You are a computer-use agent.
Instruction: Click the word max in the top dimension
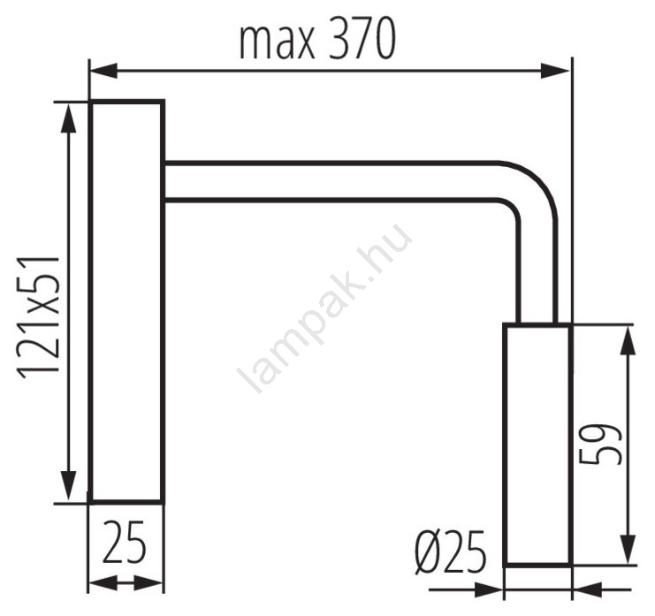[x=277, y=44]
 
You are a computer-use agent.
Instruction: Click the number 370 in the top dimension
[x=362, y=39]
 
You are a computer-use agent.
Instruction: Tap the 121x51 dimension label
[x=38, y=317]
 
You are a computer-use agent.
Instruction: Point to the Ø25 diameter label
[x=451, y=552]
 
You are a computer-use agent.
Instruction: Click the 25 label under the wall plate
[x=125, y=542]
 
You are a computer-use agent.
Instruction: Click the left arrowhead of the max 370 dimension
[x=103, y=71]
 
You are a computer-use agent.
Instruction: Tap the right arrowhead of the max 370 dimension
[x=555, y=71]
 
